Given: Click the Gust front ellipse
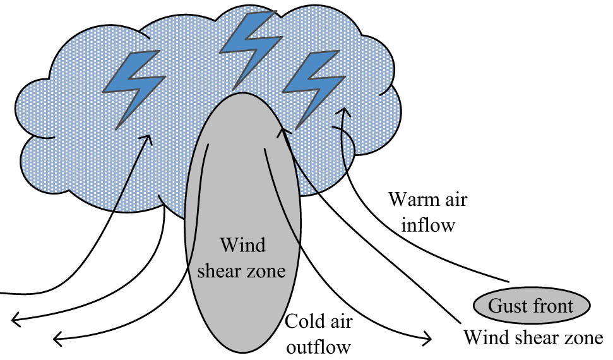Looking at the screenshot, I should click(531, 306).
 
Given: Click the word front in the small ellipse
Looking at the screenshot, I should click(551, 306).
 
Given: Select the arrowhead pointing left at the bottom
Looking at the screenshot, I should click(57, 340).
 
